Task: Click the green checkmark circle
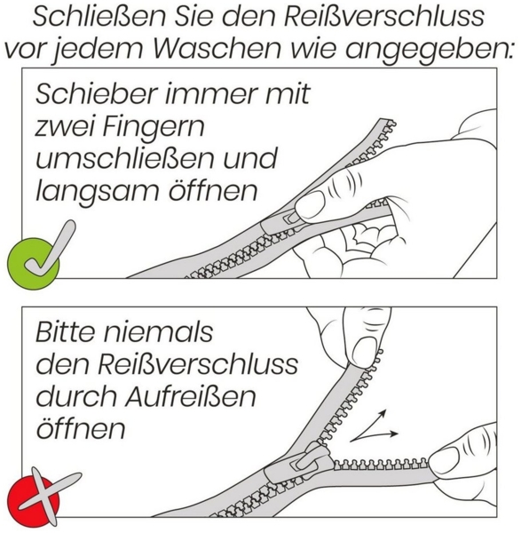pyautogui.click(x=34, y=261)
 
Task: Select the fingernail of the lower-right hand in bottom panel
pyautogui.click(x=444, y=458)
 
